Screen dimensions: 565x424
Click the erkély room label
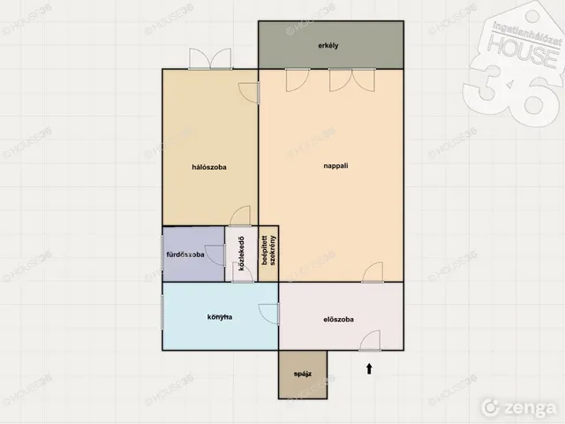coord(328,46)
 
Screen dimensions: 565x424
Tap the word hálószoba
coord(209,167)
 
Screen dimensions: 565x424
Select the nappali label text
coord(335,166)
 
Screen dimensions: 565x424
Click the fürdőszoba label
coord(185,254)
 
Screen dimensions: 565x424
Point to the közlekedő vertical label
coord(242,254)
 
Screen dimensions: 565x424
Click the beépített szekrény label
coord(268,251)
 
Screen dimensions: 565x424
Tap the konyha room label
coord(220,317)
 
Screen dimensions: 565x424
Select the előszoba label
coord(338,320)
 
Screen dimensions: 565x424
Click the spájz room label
coord(303,374)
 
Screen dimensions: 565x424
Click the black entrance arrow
coord(369,368)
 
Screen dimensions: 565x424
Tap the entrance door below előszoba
coord(370,340)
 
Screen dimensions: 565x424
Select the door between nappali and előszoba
coord(373,272)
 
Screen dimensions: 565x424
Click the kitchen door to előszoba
coord(268,314)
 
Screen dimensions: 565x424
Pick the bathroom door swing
coord(215,255)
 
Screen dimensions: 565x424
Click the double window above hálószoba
coord(210,58)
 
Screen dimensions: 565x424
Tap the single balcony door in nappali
coord(298,79)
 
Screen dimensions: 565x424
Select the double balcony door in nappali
coord(352,79)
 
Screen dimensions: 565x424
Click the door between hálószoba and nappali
coord(249,93)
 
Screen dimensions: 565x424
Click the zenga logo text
coord(520,408)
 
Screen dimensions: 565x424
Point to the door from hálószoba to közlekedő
coord(240,216)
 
